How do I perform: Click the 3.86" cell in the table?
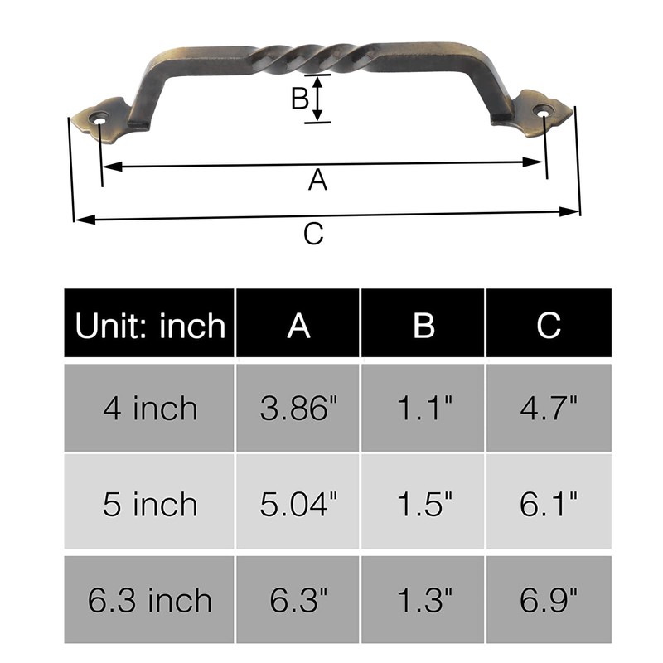(x=298, y=408)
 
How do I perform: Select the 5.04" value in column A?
(x=298, y=504)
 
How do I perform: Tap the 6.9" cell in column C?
(x=549, y=600)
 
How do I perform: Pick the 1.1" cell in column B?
(x=423, y=408)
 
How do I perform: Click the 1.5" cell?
(x=423, y=504)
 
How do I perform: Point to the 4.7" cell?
(x=549, y=408)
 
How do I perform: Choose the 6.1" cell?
(x=549, y=504)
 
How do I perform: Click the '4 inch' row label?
(x=150, y=408)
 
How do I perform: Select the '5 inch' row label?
(x=150, y=504)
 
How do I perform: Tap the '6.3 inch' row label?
(x=150, y=600)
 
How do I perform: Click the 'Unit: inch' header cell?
(x=150, y=325)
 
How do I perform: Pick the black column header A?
(x=298, y=325)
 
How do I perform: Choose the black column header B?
(x=423, y=325)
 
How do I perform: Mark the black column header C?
(x=549, y=325)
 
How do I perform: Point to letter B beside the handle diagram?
(x=299, y=99)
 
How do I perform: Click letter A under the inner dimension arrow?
(x=317, y=180)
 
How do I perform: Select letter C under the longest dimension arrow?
(x=312, y=235)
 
